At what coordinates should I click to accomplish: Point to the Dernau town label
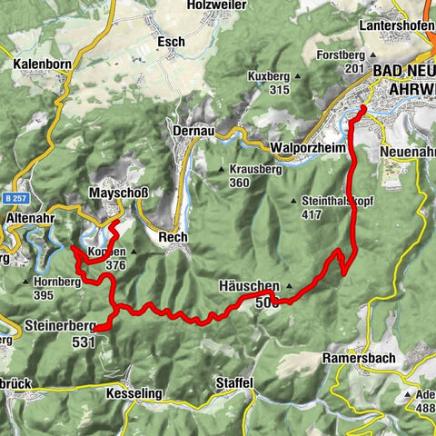point(193,132)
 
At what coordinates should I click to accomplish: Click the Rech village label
point(173,237)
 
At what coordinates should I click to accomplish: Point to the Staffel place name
point(234,384)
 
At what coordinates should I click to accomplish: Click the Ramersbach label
point(358,359)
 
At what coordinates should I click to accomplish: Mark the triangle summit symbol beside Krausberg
point(221,169)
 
